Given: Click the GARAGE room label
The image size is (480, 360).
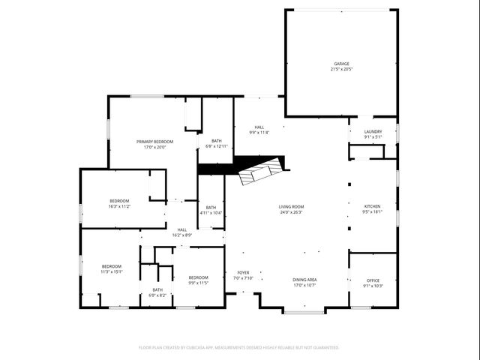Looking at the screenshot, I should (341, 64).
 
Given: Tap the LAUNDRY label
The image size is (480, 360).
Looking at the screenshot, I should (373, 131).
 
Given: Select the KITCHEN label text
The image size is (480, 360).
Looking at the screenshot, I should (373, 206).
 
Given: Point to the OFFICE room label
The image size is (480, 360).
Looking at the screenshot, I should (373, 280).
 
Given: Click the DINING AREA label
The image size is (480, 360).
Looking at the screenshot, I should (304, 280).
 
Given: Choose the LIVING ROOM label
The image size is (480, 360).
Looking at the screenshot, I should (291, 206).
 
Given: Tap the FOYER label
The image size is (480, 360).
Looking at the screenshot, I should (243, 272).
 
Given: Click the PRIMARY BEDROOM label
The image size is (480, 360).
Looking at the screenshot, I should (154, 141).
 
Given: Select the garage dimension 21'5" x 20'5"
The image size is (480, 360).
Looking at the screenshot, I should (341, 70).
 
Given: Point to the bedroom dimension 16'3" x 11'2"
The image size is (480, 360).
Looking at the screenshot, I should (120, 206).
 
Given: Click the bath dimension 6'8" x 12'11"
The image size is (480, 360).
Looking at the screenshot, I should (216, 146).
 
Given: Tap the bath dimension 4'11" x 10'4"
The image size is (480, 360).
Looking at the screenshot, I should (211, 213).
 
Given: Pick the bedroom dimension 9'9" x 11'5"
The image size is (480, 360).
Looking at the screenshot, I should (198, 283).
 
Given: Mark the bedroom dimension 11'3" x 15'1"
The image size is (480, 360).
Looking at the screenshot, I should (112, 272).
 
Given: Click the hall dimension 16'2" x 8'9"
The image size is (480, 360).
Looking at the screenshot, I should (182, 235).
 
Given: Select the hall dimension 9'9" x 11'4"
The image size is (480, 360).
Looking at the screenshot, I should (259, 133).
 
